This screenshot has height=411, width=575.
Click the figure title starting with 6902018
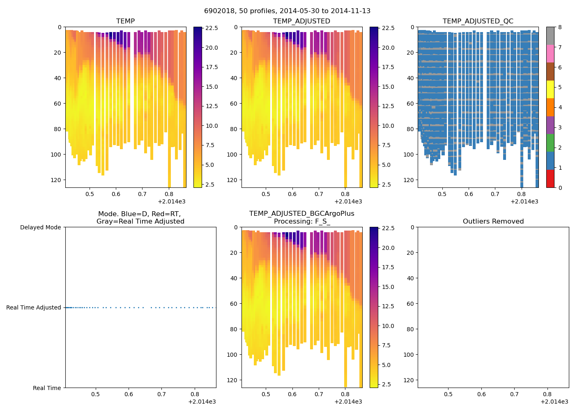point(287,11)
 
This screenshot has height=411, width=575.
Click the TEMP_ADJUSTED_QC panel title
point(478,21)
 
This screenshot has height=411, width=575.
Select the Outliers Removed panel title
point(493,222)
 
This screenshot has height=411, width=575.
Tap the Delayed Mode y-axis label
point(40,227)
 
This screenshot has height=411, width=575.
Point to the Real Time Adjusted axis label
point(33,307)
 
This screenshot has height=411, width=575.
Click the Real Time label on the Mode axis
point(47,388)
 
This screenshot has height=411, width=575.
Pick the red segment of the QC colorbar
point(550,179)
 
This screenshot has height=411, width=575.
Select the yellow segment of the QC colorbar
point(550,89)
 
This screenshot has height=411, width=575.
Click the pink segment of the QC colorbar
point(550,53)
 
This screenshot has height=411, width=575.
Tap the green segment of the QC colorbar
point(550,143)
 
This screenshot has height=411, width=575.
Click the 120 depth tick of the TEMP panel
point(56,180)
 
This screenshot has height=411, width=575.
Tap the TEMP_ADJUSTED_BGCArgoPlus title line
point(301,214)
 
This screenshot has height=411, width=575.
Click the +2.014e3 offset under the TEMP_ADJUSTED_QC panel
point(524,201)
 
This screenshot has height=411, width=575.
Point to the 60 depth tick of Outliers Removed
point(410,304)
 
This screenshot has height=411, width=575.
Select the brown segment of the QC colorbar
point(550,72)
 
